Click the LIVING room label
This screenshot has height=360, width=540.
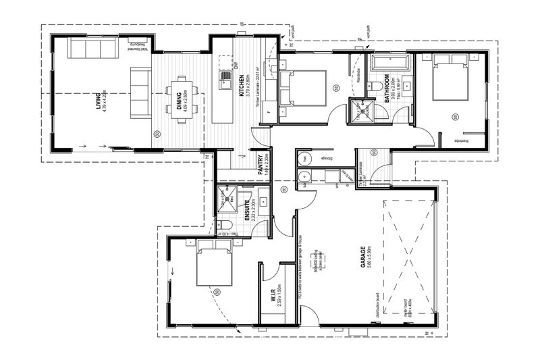click(99, 105)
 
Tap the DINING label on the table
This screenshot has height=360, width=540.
click(169, 100)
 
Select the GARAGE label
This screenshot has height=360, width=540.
click(363, 257)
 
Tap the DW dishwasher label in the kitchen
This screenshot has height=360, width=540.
click(237, 64)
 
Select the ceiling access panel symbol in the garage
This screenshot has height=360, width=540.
click(315, 260)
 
